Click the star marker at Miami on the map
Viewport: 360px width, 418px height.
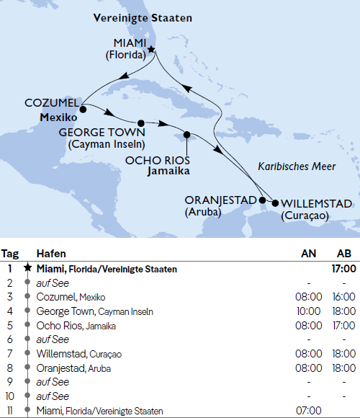pos(151,50)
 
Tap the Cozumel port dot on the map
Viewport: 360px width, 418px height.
pos(84,110)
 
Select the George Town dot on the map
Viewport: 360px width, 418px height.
pos(141,123)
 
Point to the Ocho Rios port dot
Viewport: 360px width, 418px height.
pos(186,134)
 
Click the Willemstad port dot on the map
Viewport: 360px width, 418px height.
pos(274,203)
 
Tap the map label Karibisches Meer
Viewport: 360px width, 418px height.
pos(292,166)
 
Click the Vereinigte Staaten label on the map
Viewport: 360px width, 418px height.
pos(133,17)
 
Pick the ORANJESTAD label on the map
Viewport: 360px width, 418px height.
pos(221,200)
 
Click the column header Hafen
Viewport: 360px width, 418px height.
pos(51,254)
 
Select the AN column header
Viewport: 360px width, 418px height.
pos(307,254)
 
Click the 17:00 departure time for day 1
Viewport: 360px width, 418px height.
pos(343,269)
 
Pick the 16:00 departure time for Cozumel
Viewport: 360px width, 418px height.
pos(343,297)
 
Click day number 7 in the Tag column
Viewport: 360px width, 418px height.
pos(10,354)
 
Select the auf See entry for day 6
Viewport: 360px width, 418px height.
pos(52,339)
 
